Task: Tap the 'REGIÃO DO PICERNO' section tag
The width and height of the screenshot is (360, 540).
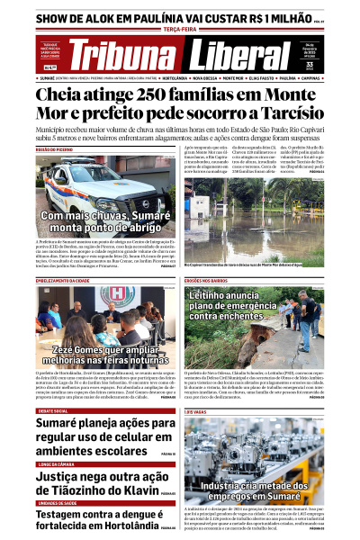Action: (55, 149)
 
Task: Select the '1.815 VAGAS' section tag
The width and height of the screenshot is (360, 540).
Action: (198, 410)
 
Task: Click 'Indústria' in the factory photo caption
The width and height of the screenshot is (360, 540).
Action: (223, 485)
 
